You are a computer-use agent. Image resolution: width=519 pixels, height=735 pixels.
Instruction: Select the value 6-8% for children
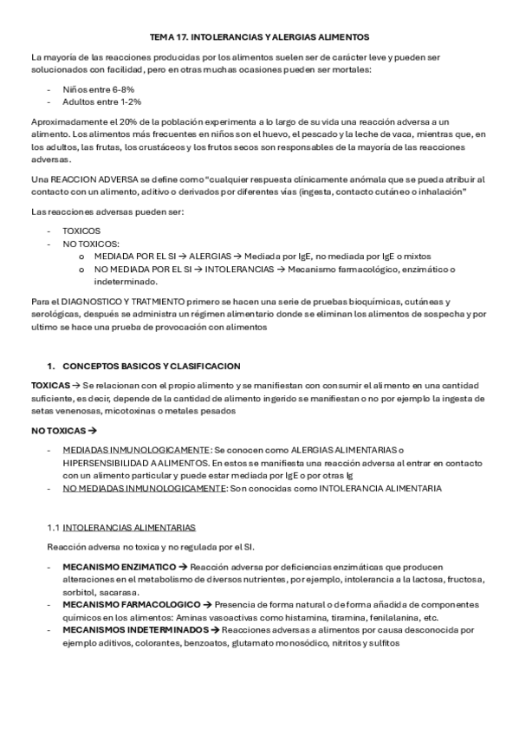(x=120, y=89)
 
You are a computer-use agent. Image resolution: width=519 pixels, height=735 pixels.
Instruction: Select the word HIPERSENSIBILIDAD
(x=105, y=463)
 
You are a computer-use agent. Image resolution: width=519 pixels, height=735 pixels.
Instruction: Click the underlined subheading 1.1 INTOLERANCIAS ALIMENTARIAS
(x=121, y=527)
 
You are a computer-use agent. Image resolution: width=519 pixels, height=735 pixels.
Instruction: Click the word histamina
(x=305, y=617)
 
